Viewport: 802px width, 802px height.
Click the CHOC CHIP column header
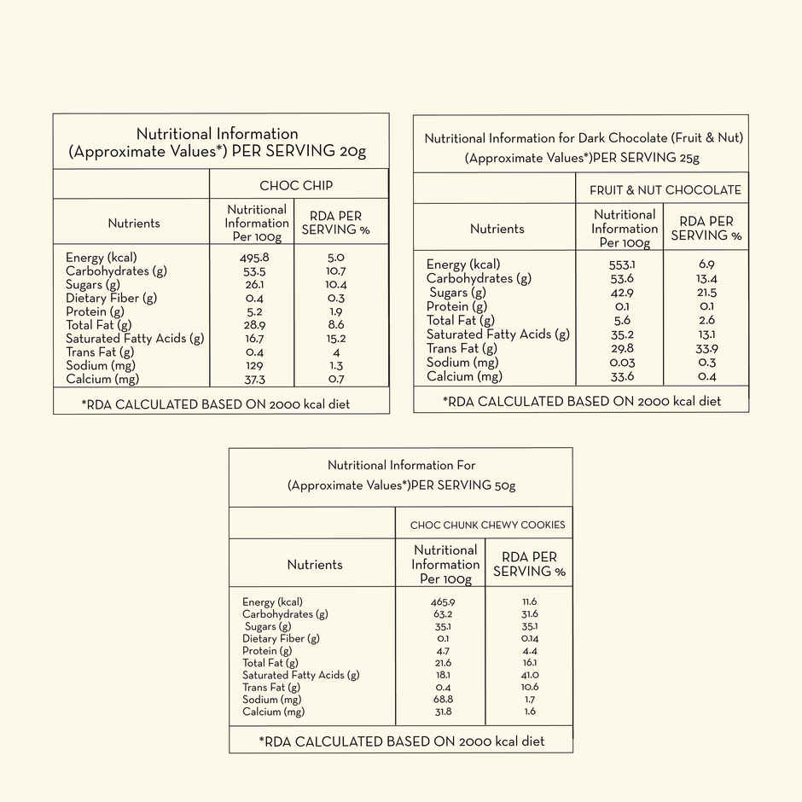tap(296, 185)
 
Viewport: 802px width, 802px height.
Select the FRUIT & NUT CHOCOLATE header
tap(665, 189)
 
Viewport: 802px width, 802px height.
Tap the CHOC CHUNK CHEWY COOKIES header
tap(487, 525)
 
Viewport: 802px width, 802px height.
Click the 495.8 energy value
tap(254, 258)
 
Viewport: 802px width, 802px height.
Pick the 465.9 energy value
tap(443, 601)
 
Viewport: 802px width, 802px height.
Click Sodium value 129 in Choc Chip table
tap(254, 365)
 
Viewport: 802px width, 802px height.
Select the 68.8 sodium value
tap(443, 700)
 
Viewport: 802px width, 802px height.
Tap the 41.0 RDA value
tap(529, 675)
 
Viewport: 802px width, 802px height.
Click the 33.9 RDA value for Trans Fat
tap(706, 348)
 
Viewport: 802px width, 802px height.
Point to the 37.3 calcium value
tap(254, 379)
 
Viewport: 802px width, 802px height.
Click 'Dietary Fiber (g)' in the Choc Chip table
tap(111, 298)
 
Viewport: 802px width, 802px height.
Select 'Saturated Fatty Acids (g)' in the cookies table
tap(300, 675)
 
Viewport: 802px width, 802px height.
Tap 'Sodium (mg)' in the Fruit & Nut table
tap(462, 363)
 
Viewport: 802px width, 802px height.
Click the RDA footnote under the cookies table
tap(401, 741)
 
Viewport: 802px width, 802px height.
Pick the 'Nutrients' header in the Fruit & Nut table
tap(497, 229)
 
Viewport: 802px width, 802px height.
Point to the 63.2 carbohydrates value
tap(443, 613)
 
